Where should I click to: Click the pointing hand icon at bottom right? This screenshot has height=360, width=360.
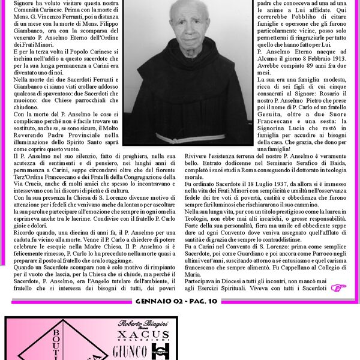point(339,288)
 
